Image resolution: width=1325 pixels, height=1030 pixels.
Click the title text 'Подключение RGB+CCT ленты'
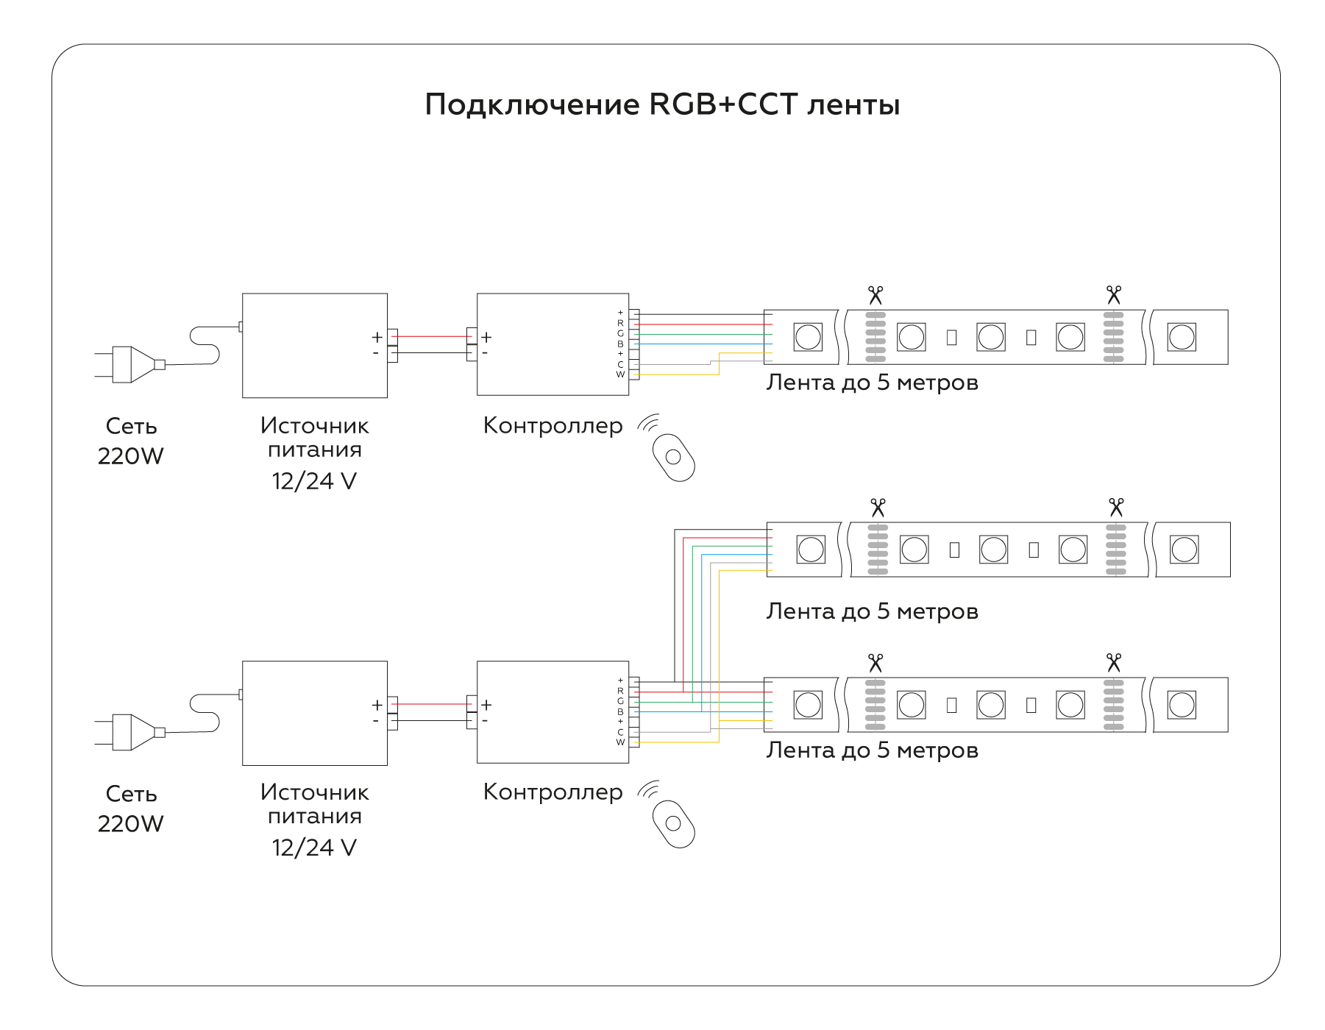(x=662, y=105)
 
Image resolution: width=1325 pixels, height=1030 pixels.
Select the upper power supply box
(x=314, y=346)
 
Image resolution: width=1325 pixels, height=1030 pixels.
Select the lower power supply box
(x=314, y=713)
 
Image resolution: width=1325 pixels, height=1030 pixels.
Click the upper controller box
(x=552, y=344)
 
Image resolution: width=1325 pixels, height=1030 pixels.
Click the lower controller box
(x=552, y=711)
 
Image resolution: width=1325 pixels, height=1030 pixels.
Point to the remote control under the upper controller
(x=673, y=457)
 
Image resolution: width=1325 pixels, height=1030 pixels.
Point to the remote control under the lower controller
(x=673, y=823)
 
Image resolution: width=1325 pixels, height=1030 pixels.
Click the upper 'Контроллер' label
(x=553, y=426)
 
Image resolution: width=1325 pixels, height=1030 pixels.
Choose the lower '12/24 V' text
(x=314, y=848)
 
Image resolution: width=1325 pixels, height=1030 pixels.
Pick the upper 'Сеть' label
(x=131, y=426)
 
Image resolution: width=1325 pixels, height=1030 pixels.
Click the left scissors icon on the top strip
(x=875, y=296)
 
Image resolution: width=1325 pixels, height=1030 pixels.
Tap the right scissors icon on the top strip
(x=1113, y=296)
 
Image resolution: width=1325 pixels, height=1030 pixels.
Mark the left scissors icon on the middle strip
(x=878, y=508)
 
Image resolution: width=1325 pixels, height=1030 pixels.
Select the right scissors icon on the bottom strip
(x=1113, y=663)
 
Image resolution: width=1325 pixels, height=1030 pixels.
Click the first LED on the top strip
(x=807, y=338)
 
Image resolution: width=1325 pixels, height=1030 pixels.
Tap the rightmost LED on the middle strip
(x=1184, y=550)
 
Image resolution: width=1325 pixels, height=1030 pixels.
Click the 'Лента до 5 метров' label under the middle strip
(x=872, y=611)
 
